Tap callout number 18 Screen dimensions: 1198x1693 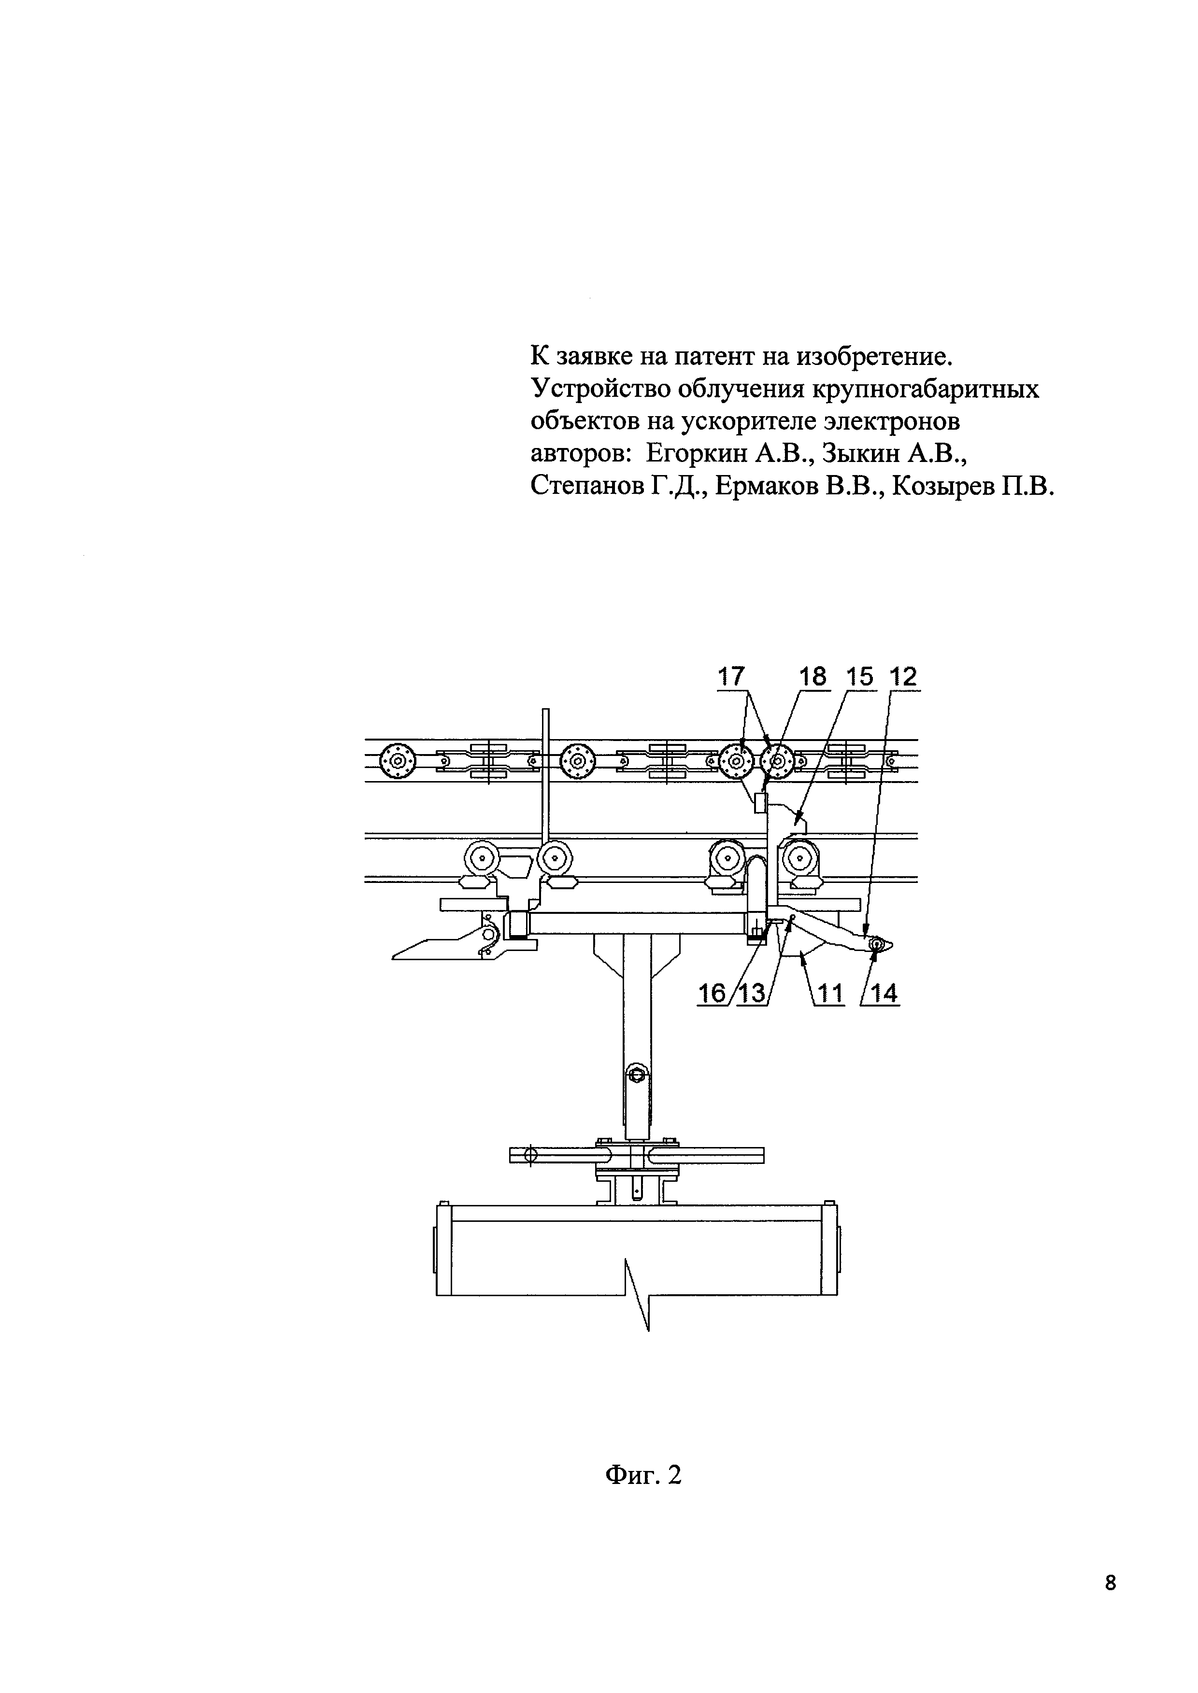[x=813, y=676]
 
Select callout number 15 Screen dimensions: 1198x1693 [x=860, y=676]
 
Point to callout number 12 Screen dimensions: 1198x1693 [x=904, y=676]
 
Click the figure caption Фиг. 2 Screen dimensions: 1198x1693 [x=642, y=1474]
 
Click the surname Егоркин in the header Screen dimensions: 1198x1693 [x=696, y=453]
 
